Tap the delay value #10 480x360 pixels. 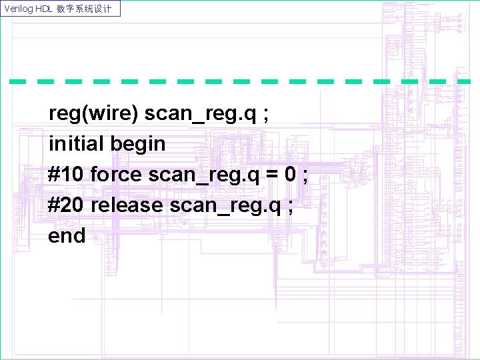click(66, 175)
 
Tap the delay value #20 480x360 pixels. click(66, 205)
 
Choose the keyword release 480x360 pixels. click(127, 205)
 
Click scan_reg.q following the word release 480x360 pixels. click(225, 205)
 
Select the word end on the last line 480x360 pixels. click(67, 235)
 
